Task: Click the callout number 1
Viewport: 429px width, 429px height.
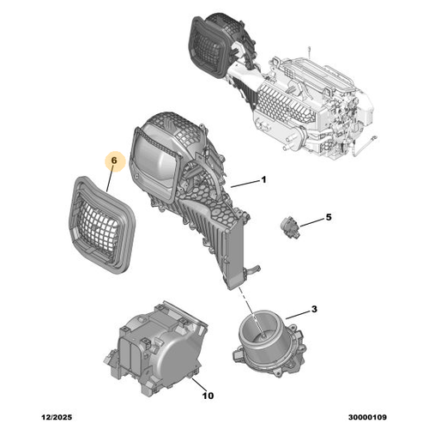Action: click(264, 179)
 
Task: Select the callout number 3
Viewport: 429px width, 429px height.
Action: click(315, 309)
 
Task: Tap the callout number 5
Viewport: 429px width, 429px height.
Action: click(326, 218)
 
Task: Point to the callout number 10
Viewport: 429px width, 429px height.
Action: click(208, 396)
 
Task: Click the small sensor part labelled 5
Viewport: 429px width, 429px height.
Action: click(289, 228)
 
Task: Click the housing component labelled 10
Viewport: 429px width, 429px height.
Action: click(160, 347)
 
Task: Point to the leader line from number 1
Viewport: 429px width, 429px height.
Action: click(245, 183)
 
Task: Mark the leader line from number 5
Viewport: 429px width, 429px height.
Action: click(310, 221)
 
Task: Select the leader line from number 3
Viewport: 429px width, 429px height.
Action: click(299, 316)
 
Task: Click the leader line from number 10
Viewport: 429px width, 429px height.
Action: click(201, 383)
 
